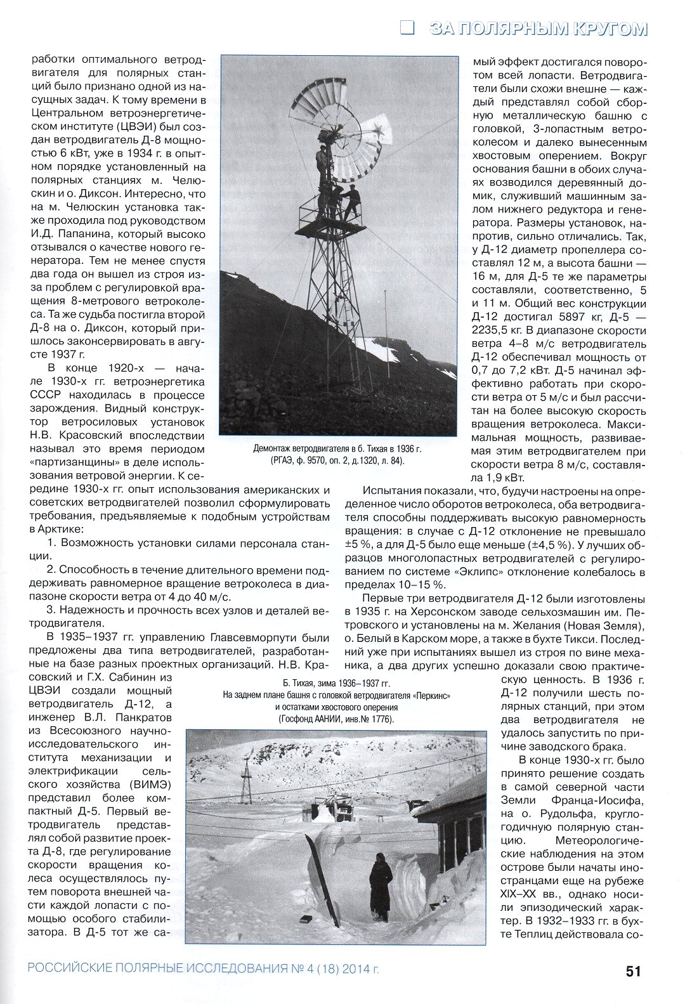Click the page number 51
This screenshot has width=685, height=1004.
point(633,971)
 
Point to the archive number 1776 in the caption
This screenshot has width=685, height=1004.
point(378,719)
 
